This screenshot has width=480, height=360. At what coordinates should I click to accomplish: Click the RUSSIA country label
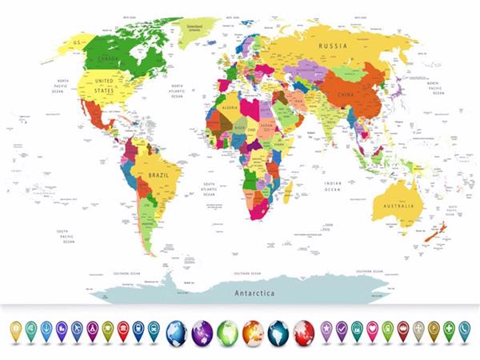(332, 46)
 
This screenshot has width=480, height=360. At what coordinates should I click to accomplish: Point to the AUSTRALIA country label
(398, 206)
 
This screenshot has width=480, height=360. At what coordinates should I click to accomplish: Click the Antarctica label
(254, 293)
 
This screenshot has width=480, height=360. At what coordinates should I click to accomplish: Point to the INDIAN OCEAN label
(333, 186)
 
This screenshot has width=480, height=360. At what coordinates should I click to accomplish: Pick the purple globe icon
(202, 330)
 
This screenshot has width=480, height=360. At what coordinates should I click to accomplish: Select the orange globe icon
(254, 330)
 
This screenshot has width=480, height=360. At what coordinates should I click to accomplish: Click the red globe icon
(305, 330)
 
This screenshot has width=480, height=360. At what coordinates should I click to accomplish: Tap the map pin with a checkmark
(342, 328)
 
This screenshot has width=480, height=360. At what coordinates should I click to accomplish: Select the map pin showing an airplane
(77, 328)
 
